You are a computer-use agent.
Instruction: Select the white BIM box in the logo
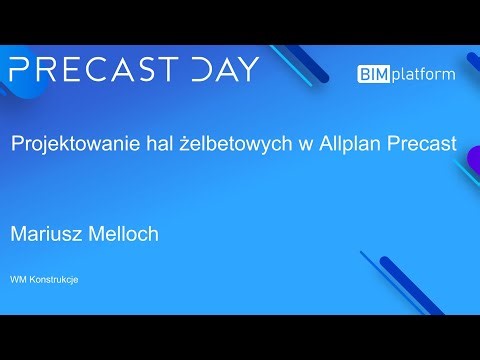(374, 74)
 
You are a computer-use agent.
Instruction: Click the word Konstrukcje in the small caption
(54, 279)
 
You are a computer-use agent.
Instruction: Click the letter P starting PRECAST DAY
(20, 70)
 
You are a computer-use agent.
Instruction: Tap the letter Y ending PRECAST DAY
(247, 70)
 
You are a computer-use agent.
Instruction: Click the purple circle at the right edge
(474, 158)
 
